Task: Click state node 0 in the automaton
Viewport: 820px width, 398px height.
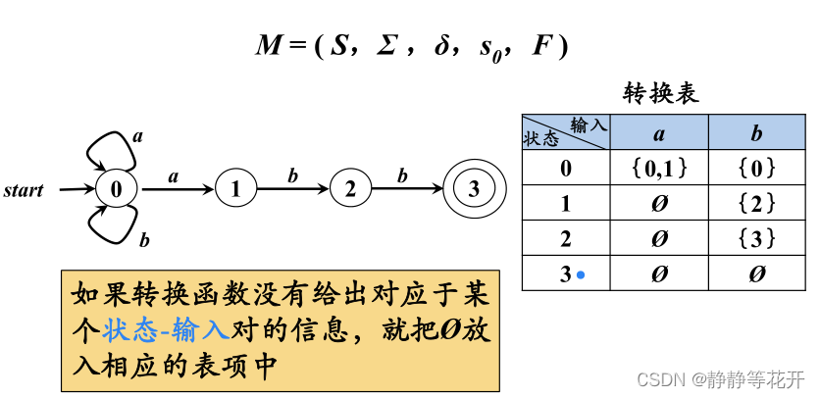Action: pyautogui.click(x=115, y=189)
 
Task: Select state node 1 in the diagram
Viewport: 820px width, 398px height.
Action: pyautogui.click(x=234, y=189)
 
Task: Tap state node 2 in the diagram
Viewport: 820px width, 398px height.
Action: pyautogui.click(x=349, y=189)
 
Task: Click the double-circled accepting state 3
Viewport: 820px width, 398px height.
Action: pyautogui.click(x=474, y=189)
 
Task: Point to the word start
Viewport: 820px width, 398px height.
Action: pyautogui.click(x=24, y=190)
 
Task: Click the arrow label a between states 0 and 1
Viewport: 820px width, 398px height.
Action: pyautogui.click(x=174, y=176)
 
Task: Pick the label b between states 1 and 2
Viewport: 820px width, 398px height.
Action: pyautogui.click(x=292, y=176)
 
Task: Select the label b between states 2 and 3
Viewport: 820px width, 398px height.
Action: pyautogui.click(x=402, y=176)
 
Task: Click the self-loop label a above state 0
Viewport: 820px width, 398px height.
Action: pyautogui.click(x=137, y=136)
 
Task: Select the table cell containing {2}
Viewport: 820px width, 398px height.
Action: pyautogui.click(x=756, y=204)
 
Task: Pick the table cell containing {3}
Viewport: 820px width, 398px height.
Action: pyautogui.click(x=756, y=239)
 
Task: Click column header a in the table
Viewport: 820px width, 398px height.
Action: pyautogui.click(x=658, y=133)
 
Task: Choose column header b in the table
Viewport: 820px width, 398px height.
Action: pyautogui.click(x=756, y=133)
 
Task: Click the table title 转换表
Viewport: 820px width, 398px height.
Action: pyautogui.click(x=661, y=94)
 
